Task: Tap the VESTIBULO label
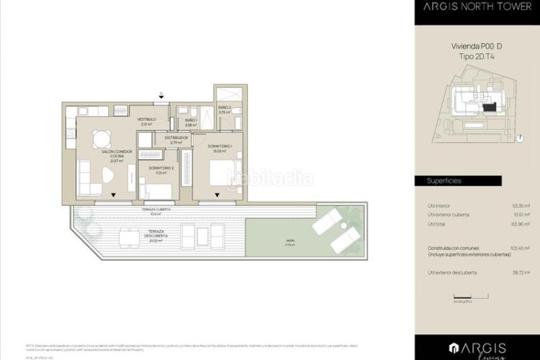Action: coord(147,121)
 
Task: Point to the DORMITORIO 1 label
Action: coord(220,148)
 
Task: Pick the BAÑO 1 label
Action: coord(192,122)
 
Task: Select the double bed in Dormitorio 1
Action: coord(221,173)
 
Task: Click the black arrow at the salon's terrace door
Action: coord(113,194)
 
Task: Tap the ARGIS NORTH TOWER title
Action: coord(477,9)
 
